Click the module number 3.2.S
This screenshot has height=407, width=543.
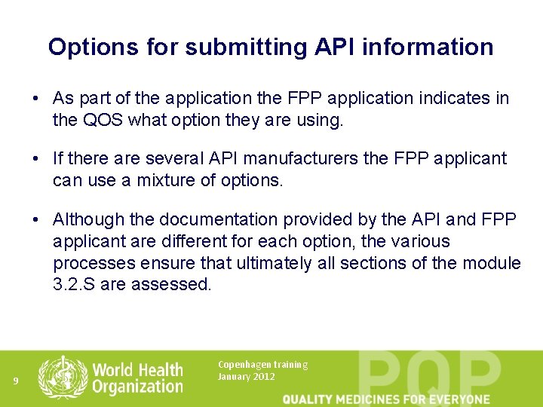(73, 284)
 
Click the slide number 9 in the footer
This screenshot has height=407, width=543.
(15, 381)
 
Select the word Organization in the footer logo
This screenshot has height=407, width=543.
(137, 387)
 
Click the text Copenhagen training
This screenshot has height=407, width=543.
(262, 365)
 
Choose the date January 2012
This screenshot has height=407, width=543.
(247, 376)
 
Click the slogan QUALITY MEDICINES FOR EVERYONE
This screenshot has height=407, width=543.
(385, 399)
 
